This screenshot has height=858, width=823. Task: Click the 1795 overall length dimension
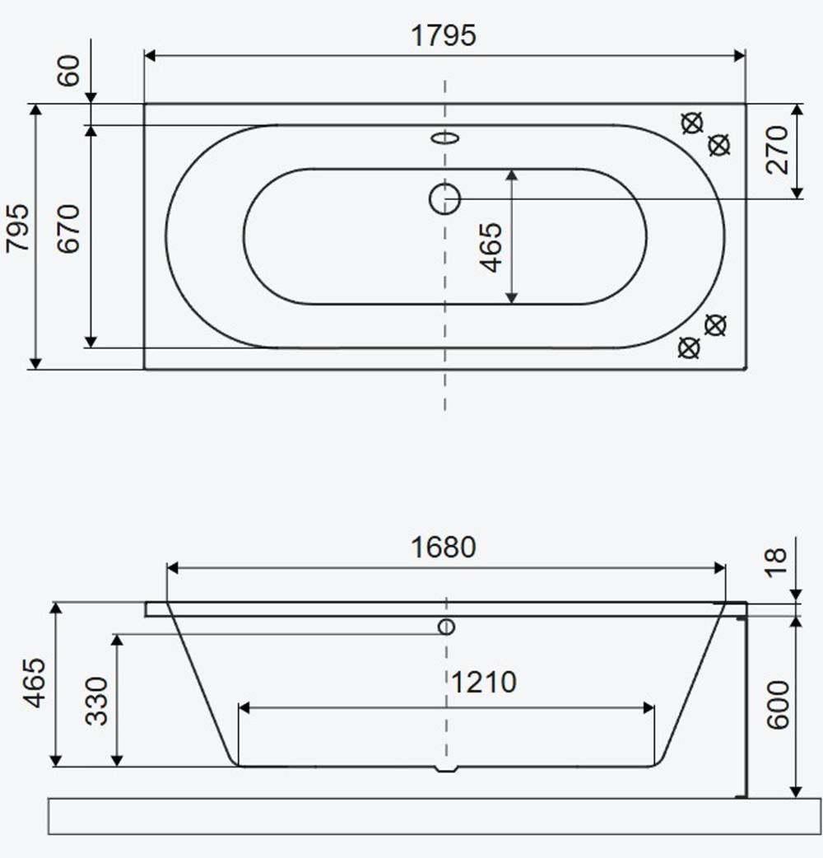444,35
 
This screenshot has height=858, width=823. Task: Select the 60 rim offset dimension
69,71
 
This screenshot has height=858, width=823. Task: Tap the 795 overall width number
17,228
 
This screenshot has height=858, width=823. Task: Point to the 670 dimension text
69,228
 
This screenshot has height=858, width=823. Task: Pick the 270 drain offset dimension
777,150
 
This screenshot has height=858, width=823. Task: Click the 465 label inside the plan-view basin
491,247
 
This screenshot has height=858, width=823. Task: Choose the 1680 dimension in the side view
444,548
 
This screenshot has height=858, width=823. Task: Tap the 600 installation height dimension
778,705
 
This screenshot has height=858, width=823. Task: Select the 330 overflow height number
97,701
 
